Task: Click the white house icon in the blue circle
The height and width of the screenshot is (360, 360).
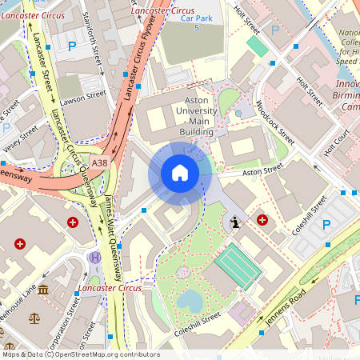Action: click(x=179, y=173)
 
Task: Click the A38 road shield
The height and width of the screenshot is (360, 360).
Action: click(x=98, y=163)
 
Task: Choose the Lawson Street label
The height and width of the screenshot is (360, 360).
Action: click(x=84, y=98)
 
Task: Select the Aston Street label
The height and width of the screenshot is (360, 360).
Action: click(x=263, y=170)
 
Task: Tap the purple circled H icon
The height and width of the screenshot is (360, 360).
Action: click(x=94, y=258)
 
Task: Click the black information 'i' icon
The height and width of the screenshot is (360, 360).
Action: click(x=235, y=223)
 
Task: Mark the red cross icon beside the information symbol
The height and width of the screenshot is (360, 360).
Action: click(x=262, y=219)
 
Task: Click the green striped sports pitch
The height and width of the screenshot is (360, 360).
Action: click(x=238, y=266)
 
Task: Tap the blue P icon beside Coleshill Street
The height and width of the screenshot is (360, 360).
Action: click(x=326, y=225)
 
